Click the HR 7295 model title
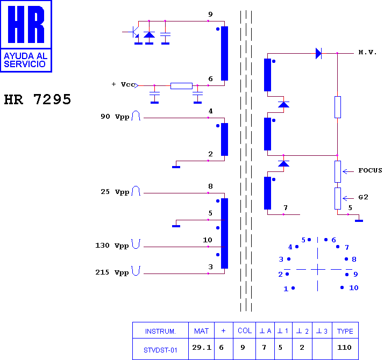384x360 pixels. tap(38, 99)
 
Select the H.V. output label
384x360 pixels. tap(367, 52)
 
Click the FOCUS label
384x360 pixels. tap(370, 170)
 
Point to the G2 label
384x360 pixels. tap(363, 197)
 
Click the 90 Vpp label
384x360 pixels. tap(115, 117)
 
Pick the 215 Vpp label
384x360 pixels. tap(112, 272)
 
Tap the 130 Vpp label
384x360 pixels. tap(112, 246)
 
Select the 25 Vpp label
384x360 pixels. tap(115, 192)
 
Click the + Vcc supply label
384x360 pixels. tap(124, 84)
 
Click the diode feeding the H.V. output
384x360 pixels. tap(318, 53)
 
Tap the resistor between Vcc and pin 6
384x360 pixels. tap(181, 86)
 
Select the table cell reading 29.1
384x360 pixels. tap(202, 347)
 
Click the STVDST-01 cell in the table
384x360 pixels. tap(160, 350)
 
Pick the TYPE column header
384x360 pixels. tap(345, 331)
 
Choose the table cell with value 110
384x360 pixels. tap(344, 347)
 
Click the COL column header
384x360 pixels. tap(245, 330)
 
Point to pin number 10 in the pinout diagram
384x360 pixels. tap(354, 288)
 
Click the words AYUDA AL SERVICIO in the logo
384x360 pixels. tap(25, 60)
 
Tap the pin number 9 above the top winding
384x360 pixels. tap(210, 15)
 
